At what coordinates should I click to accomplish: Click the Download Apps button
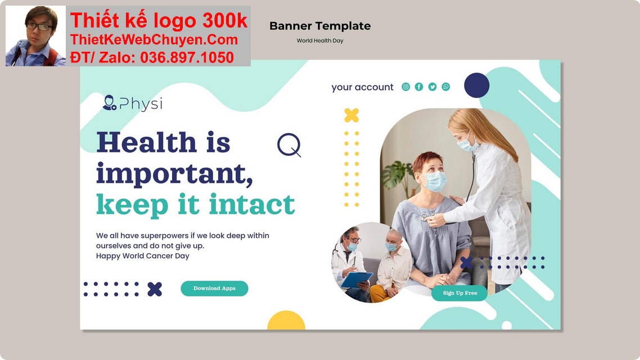(214, 289)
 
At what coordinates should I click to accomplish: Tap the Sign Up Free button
(459, 293)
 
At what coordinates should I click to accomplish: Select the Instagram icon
(406, 87)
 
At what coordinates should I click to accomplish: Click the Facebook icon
(419, 87)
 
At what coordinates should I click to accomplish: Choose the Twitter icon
(432, 87)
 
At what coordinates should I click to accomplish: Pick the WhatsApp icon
(446, 87)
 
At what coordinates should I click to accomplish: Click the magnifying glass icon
(289, 145)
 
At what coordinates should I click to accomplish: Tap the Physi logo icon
(109, 103)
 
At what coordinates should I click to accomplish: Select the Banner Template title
(320, 26)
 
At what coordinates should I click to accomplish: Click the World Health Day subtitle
(320, 40)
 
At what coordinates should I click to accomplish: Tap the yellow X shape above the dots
(351, 115)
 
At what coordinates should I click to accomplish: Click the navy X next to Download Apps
(155, 289)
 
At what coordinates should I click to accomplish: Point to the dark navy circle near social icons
(476, 85)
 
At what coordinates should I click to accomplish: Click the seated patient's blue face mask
(435, 181)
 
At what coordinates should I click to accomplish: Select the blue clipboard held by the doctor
(357, 279)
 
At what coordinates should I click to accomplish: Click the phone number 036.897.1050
(187, 57)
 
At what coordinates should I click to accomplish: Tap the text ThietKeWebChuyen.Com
(154, 40)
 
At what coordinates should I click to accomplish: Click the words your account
(362, 87)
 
